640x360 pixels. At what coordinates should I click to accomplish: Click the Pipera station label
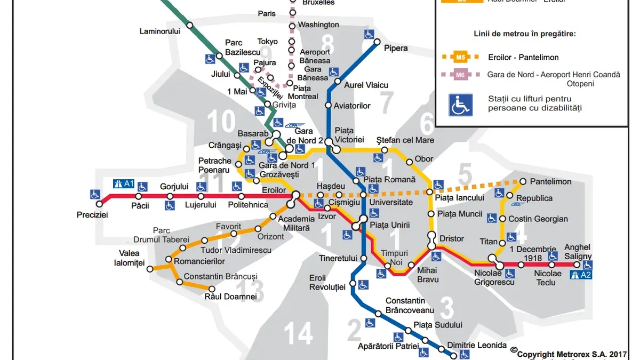click(x=396, y=49)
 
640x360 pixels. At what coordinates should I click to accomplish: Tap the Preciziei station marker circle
click(x=99, y=204)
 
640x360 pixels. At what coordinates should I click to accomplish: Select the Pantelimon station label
click(x=550, y=182)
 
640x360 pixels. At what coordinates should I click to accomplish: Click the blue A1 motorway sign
click(x=124, y=184)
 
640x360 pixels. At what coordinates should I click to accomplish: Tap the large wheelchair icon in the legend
click(x=460, y=105)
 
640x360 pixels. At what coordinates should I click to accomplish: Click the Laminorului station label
click(x=159, y=31)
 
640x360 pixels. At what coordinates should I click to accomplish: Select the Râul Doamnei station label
click(x=227, y=297)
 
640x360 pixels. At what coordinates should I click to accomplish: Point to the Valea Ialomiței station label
click(x=129, y=258)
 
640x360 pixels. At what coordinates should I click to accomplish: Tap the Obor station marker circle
click(x=409, y=162)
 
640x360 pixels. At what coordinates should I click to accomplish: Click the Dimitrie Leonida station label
click(x=477, y=345)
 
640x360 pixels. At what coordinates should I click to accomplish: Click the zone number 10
click(x=221, y=122)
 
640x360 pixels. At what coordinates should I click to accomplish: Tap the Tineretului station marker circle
click(x=363, y=258)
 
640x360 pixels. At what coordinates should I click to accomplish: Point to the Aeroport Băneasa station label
click(x=315, y=56)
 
